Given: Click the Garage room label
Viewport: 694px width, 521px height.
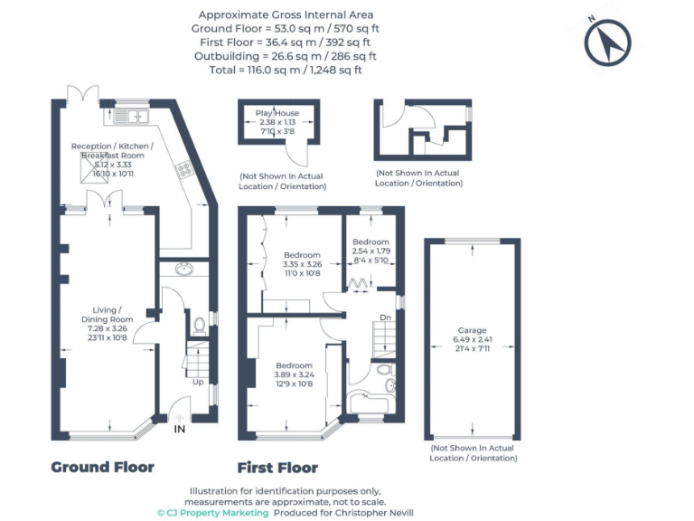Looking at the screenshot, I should pyautogui.click(x=472, y=331).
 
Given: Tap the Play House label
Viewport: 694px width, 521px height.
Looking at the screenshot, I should pyautogui.click(x=277, y=113).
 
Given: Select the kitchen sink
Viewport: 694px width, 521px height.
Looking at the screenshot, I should pyautogui.click(x=138, y=115).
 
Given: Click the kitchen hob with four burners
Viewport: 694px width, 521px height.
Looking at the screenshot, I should pyautogui.click(x=182, y=168).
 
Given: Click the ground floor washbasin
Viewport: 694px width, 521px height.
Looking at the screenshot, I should pyautogui.click(x=183, y=269).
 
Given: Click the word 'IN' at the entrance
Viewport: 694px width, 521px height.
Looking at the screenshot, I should pyautogui.click(x=180, y=429).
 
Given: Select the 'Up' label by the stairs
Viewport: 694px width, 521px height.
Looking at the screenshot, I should pyautogui.click(x=197, y=382).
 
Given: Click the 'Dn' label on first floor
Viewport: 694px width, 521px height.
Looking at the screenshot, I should pyautogui.click(x=386, y=317).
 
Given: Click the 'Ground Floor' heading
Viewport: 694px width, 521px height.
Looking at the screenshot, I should pyautogui.click(x=102, y=468).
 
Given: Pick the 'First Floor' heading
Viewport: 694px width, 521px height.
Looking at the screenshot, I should pyautogui.click(x=277, y=468).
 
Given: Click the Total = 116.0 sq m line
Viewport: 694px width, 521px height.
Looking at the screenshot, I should pyautogui.click(x=285, y=70).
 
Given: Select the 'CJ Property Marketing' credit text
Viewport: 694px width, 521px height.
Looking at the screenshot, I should pyautogui.click(x=213, y=512).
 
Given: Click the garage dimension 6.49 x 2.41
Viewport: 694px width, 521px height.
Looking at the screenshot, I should pyautogui.click(x=472, y=341).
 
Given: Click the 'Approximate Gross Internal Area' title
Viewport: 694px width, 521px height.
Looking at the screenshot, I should pyautogui.click(x=285, y=15).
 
